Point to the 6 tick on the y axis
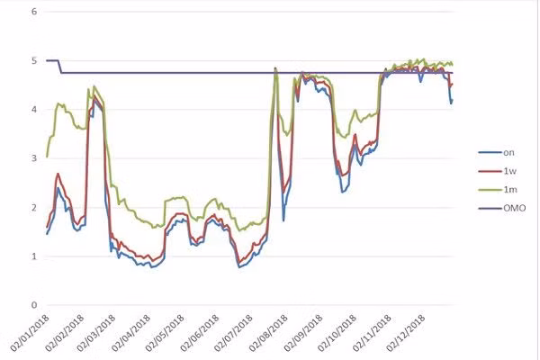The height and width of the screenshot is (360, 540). click(x=33, y=13)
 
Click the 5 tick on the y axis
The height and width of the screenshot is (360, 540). click(x=33, y=61)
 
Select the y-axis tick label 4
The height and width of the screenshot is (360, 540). click(x=33, y=110)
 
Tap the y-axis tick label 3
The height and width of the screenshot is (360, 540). click(x=33, y=159)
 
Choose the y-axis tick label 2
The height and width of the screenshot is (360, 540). click(x=33, y=208)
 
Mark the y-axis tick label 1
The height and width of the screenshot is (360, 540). click(x=33, y=256)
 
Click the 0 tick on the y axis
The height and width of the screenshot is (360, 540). click(x=33, y=305)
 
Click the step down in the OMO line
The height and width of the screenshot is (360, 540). click(x=59, y=67)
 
